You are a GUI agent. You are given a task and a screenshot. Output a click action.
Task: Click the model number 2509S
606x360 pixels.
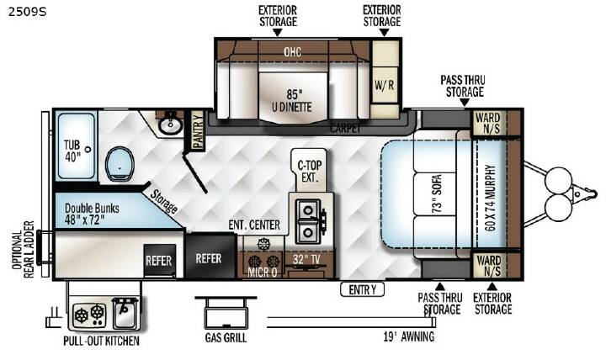(x=27, y=12)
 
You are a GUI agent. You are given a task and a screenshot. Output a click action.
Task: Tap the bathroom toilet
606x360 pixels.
(x=120, y=164)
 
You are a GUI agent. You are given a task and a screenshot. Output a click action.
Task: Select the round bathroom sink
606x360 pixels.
(x=170, y=124)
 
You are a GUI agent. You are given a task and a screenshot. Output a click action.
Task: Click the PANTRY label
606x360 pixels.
(x=198, y=130)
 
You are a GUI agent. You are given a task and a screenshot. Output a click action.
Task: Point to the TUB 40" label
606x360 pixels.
(x=72, y=151)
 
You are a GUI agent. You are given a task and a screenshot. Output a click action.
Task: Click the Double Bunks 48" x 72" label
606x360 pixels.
(x=92, y=214)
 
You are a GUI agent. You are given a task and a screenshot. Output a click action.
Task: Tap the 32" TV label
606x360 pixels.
(x=306, y=260)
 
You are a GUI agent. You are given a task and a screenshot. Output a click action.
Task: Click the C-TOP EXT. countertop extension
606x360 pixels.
(x=309, y=171)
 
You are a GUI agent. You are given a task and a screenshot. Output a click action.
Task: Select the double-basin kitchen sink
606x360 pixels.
(x=308, y=221)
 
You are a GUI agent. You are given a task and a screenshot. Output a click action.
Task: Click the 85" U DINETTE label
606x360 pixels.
(x=292, y=100)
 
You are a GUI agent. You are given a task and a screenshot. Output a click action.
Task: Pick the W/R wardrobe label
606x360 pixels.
(x=384, y=85)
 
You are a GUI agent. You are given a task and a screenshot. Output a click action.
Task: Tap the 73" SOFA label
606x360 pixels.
(x=436, y=193)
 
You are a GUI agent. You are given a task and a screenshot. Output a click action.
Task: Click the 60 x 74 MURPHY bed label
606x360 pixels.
(x=490, y=199)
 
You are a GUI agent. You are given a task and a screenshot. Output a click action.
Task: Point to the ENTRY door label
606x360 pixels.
(x=362, y=289)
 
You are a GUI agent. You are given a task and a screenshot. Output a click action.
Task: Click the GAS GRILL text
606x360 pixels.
(x=226, y=337)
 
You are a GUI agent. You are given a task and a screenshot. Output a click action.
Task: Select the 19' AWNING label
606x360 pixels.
(x=409, y=336)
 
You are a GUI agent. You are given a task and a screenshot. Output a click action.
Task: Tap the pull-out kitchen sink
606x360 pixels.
(x=125, y=314)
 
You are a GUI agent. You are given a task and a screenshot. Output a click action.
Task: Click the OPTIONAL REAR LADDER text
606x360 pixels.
(x=24, y=250)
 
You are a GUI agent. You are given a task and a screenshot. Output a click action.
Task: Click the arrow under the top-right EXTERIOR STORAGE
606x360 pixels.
(x=384, y=33)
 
